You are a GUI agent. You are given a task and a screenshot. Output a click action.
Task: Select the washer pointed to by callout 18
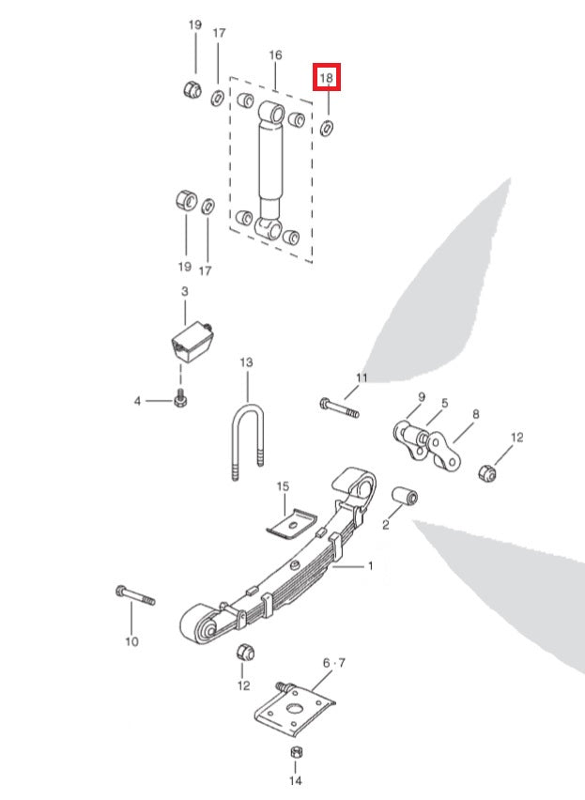coord(327,127)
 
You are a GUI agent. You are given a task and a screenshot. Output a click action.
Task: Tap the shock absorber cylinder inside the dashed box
coord(271,163)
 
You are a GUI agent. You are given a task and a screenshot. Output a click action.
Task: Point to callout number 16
coord(275,56)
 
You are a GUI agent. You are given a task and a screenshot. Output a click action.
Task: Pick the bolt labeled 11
coord(339,409)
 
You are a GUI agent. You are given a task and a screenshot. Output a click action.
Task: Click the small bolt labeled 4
coord(180,400)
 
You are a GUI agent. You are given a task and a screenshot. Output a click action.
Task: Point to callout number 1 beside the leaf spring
coord(370,566)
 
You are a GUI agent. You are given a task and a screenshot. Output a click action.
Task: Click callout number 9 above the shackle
coord(422,397)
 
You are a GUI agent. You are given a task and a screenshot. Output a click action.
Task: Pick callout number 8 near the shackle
coord(476,413)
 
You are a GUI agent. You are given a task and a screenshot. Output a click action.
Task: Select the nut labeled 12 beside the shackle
coord(488,469)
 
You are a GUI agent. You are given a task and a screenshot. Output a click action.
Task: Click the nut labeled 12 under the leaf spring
coord(243,652)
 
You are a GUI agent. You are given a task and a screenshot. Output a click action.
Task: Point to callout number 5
coord(445,404)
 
